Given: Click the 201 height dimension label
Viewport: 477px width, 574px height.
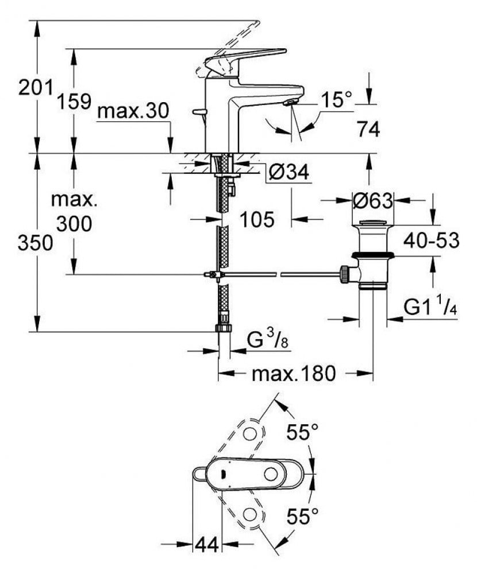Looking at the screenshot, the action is (x=36, y=88).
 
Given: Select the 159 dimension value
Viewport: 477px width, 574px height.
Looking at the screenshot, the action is (x=74, y=102).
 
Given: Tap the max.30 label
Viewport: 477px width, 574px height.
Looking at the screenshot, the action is (x=133, y=111).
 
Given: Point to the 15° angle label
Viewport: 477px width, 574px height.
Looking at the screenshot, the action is (x=336, y=99).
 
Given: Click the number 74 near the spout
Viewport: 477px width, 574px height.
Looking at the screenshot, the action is (x=368, y=129).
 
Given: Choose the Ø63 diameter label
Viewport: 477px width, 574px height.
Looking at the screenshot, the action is (x=372, y=200).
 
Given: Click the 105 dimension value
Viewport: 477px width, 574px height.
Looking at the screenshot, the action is (x=257, y=220).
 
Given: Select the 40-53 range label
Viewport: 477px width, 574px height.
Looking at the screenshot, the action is (x=431, y=241).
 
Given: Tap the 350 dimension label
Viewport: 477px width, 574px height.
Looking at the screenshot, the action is (x=35, y=243).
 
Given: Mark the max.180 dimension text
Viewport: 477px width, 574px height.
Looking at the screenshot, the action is (x=293, y=374).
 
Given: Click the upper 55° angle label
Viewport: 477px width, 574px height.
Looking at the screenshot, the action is (x=302, y=432).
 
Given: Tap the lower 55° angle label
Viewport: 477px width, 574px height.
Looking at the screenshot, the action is (x=302, y=517).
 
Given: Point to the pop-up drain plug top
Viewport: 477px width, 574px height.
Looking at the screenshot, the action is (x=372, y=222).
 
